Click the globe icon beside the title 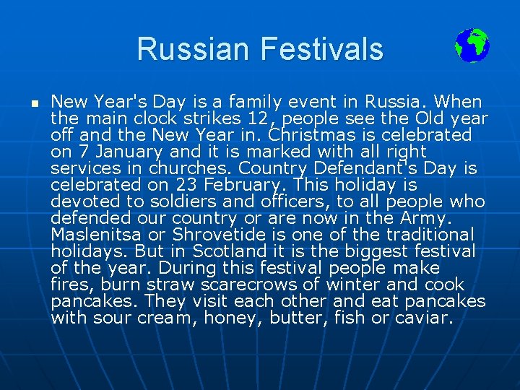pos(472,45)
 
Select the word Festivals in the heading pos(323,49)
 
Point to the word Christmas pos(313,135)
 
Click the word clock pos(152,118)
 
